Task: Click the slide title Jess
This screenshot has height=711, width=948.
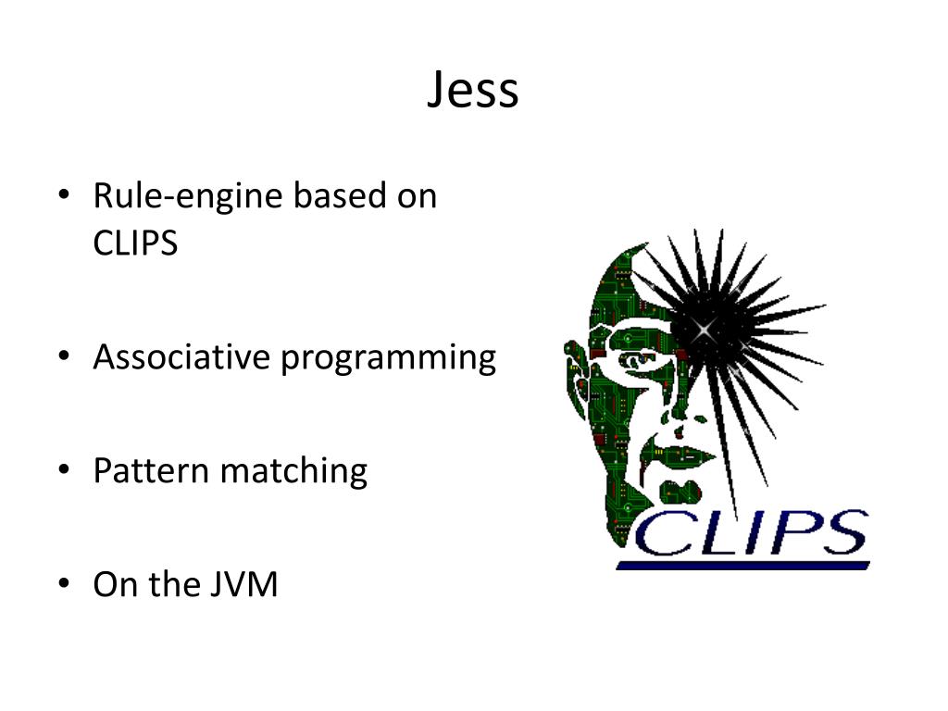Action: tap(473, 91)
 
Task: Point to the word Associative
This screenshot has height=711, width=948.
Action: tap(181, 357)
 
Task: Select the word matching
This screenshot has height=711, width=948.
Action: tap(293, 472)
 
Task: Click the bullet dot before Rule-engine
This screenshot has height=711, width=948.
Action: tap(63, 196)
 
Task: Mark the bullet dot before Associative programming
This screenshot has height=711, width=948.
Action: tap(63, 357)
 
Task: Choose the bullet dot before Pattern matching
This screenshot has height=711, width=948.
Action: tap(63, 471)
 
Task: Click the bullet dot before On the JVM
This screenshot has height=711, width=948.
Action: tap(63, 585)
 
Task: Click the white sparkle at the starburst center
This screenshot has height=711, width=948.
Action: tap(705, 329)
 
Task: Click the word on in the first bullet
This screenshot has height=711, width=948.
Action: tap(417, 196)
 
